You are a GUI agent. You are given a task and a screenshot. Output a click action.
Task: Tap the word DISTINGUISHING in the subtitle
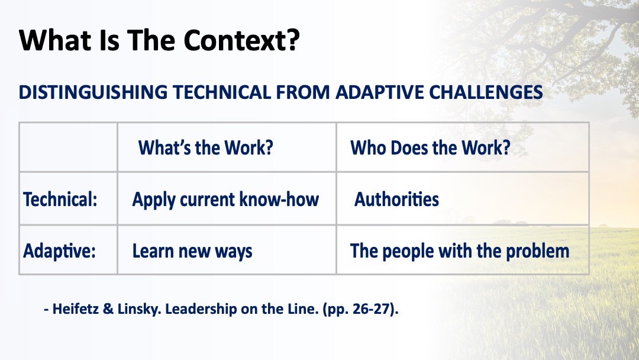pyautogui.click(x=93, y=92)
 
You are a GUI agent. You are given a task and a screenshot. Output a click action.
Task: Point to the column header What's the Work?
pyautogui.click(x=205, y=147)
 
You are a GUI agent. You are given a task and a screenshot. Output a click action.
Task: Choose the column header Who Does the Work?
pyautogui.click(x=430, y=147)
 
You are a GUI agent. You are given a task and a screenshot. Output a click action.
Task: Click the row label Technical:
pyautogui.click(x=60, y=200)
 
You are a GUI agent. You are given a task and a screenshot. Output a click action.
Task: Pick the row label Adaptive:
pyautogui.click(x=60, y=250)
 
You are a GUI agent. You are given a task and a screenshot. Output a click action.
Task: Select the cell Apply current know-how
pyautogui.click(x=225, y=200)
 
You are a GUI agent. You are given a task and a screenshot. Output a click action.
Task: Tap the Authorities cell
pyautogui.click(x=396, y=200)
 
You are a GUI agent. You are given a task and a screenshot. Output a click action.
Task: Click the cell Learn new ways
pyautogui.click(x=192, y=251)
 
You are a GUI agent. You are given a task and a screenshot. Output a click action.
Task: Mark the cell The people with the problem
pyautogui.click(x=460, y=251)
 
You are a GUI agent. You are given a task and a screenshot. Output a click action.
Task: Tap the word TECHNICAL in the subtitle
pyautogui.click(x=222, y=92)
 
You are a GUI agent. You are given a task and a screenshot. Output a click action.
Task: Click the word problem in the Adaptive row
pyautogui.click(x=537, y=251)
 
